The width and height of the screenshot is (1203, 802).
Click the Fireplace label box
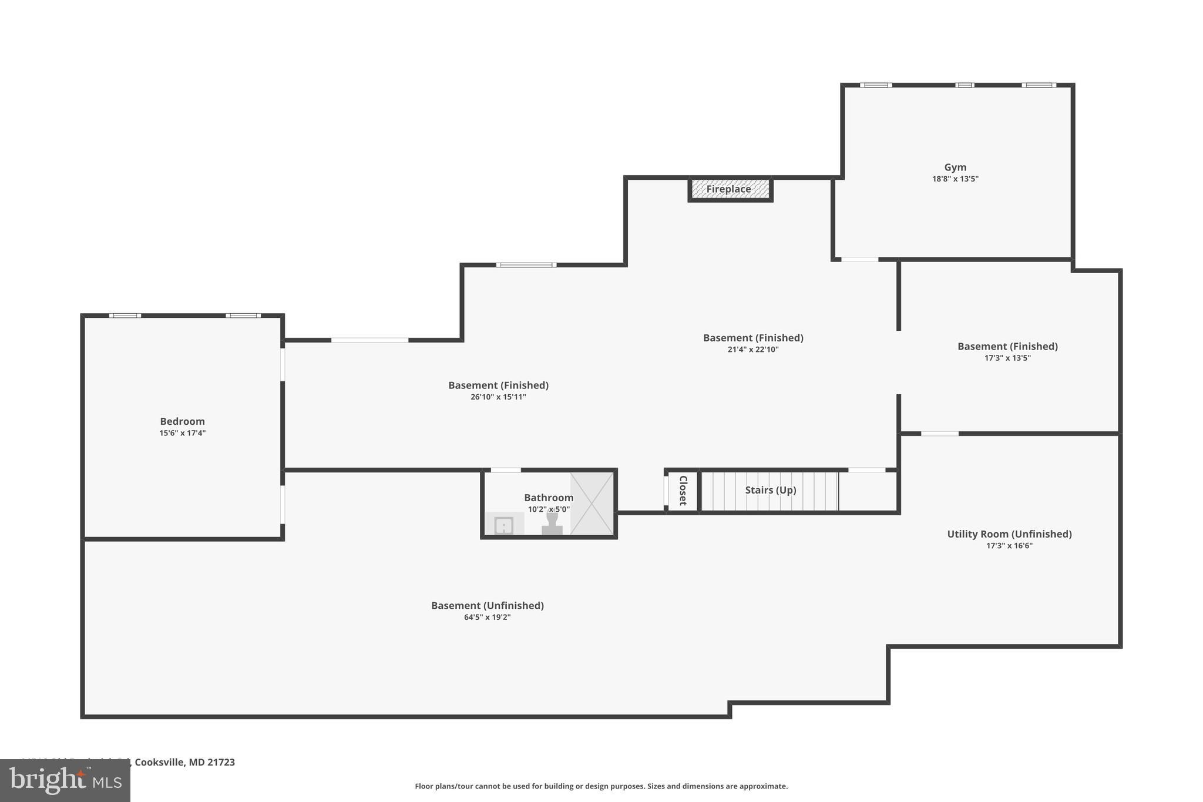[x=730, y=189]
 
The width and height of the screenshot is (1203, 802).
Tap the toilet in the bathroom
[x=552, y=523]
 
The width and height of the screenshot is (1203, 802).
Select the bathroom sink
[x=503, y=525]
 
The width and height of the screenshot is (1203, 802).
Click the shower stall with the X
[x=592, y=504]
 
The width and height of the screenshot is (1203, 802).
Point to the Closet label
[x=683, y=491]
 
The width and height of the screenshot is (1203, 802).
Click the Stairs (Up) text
[x=770, y=490]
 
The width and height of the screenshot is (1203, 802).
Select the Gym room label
[x=955, y=167]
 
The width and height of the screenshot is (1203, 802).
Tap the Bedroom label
[x=182, y=421]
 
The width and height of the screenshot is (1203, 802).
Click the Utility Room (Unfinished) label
[x=1009, y=534]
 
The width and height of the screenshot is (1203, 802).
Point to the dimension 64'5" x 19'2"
[x=487, y=618]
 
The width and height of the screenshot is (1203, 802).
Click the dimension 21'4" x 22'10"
[x=753, y=350]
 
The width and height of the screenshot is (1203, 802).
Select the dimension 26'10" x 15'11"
[x=498, y=397]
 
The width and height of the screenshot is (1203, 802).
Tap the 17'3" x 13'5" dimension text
[x=1007, y=358]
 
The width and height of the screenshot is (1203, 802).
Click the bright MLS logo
[x=65, y=780]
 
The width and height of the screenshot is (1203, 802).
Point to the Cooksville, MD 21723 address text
[x=184, y=762]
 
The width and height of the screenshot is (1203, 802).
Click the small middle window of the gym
[x=965, y=85]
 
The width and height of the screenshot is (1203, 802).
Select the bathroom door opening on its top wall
[x=505, y=470]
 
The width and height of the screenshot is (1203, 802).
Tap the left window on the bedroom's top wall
[x=125, y=316]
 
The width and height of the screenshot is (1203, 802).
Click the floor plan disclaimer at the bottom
[x=601, y=786]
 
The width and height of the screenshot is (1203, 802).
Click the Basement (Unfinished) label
[x=487, y=606]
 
